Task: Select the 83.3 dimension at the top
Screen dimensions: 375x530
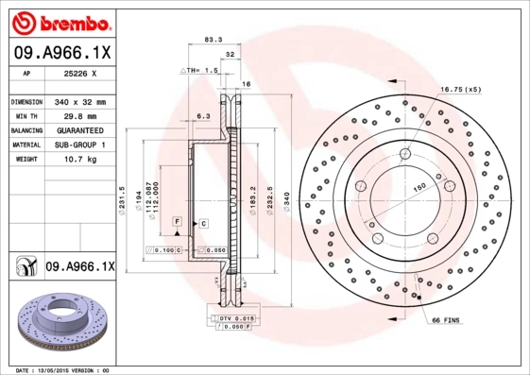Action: (x=214, y=39)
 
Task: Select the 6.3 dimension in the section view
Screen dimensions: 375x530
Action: (x=202, y=115)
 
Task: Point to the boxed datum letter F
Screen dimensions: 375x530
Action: (x=176, y=221)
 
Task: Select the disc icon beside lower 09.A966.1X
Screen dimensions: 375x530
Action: (x=25, y=267)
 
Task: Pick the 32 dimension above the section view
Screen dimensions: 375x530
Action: (x=230, y=55)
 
